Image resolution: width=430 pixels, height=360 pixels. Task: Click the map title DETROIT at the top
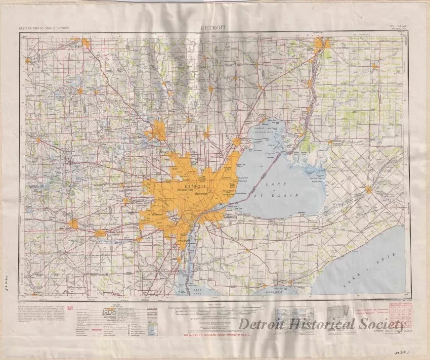click(x=213, y=28)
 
